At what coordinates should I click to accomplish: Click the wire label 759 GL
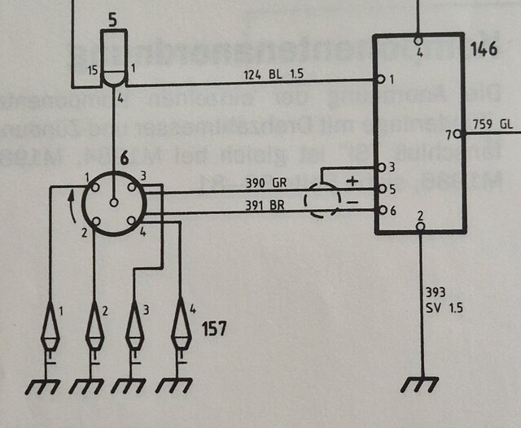point(493,125)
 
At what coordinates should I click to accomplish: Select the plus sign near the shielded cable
point(352,180)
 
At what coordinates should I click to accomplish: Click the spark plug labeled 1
point(54,325)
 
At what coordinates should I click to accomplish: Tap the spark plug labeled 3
point(135,325)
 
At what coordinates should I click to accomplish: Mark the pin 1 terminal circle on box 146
point(380,80)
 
